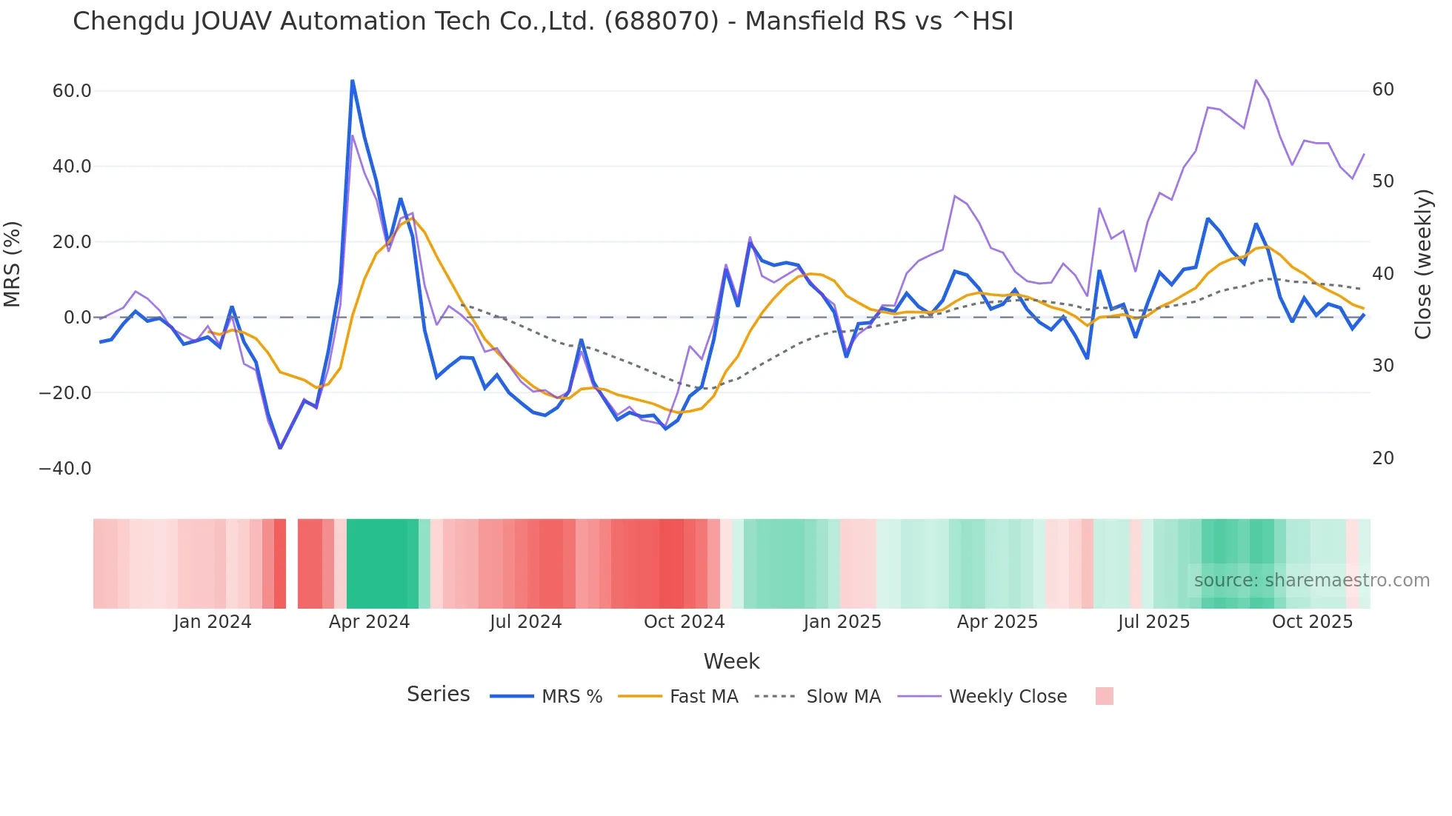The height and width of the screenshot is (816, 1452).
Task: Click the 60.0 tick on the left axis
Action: pos(72,91)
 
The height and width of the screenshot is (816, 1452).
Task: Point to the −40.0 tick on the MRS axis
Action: pos(65,469)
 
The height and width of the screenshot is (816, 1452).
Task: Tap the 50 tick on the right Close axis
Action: pos(1383,181)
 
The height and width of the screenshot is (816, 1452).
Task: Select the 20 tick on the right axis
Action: pos(1383,458)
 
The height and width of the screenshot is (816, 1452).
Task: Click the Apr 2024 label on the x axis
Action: pos(369,622)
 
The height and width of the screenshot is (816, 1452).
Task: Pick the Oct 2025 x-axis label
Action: pos(1312,622)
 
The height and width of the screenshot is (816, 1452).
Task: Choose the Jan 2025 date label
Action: pos(842,622)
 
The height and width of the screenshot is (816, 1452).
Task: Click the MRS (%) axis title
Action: pos(13,264)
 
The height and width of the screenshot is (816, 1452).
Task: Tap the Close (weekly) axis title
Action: pos(1422,264)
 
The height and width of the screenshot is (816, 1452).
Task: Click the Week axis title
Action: pos(731,661)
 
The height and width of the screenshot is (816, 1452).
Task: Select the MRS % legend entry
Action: pos(571,697)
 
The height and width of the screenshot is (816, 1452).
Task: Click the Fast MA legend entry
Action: pos(703,697)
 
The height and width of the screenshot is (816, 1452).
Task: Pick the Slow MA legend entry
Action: pos(843,697)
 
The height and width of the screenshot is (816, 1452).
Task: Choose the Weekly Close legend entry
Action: pos(1008,697)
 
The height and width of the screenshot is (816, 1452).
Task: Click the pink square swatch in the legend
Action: pos(1104,696)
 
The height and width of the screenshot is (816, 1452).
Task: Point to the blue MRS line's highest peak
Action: pos(353,81)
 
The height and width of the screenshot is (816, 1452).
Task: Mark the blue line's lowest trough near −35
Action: pos(280,448)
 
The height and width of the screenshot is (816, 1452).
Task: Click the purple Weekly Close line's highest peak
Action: pos(1256,80)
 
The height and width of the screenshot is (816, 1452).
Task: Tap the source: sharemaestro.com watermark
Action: pos(1311,581)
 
